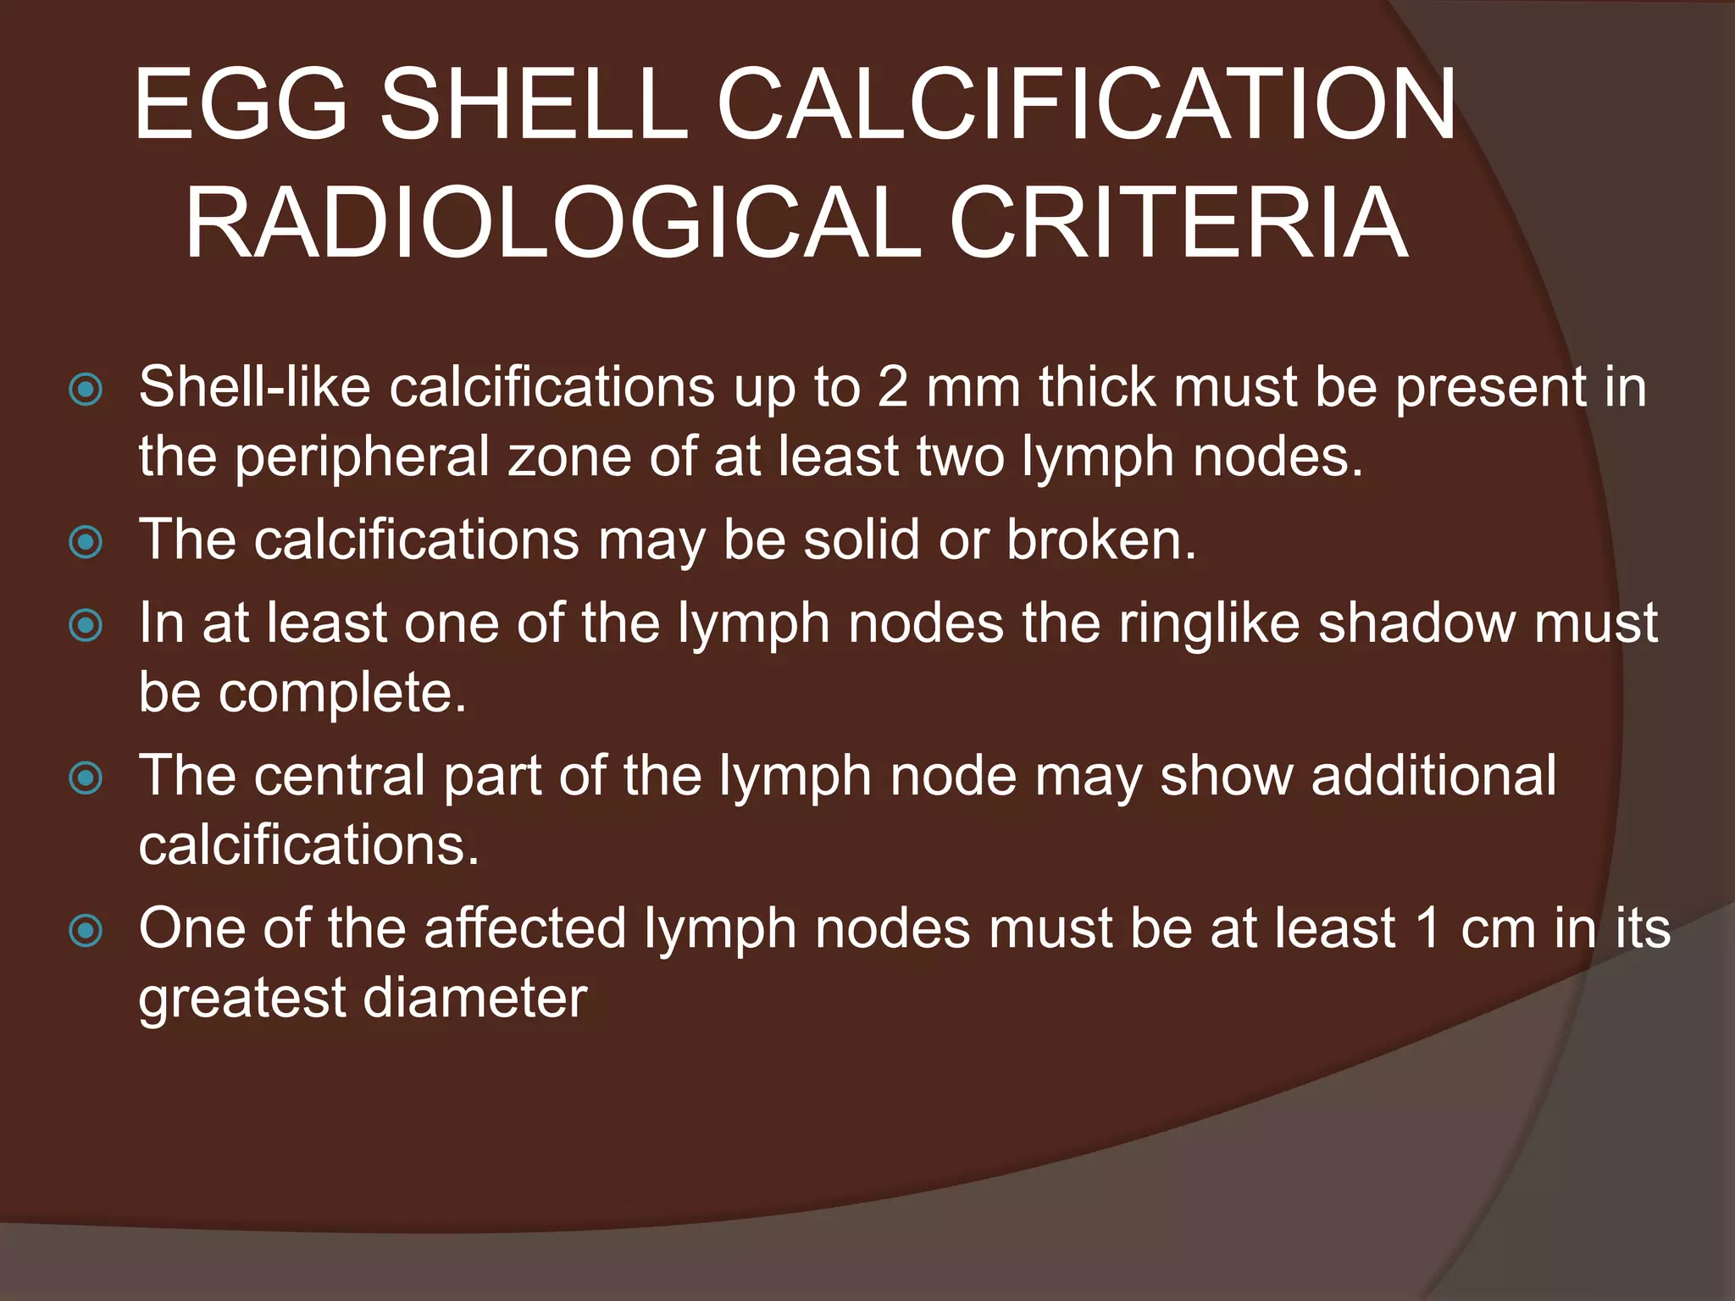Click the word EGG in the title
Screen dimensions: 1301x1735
point(241,105)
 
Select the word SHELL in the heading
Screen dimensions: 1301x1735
point(533,105)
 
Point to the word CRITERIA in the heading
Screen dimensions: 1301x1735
point(1178,224)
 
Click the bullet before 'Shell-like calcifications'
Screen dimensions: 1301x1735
point(86,390)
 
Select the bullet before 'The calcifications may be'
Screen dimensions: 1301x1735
point(86,542)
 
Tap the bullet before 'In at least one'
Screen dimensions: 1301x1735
point(86,626)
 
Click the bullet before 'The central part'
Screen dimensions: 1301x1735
point(86,778)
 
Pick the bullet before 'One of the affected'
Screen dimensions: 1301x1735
point(86,931)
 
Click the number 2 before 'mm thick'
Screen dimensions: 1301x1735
point(893,388)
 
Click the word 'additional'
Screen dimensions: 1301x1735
point(1433,777)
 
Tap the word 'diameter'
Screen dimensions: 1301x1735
point(474,999)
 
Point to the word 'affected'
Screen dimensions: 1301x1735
point(524,929)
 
